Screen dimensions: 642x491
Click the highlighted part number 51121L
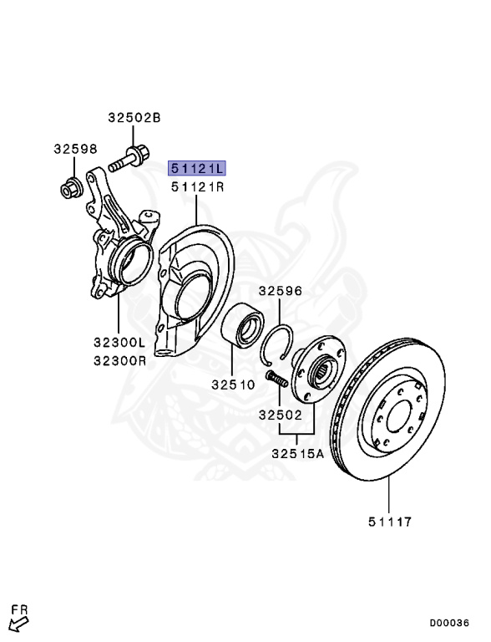[x=197, y=168]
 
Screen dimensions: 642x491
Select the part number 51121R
[x=197, y=187]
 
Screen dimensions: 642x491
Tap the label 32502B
[x=133, y=118]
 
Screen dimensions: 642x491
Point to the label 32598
[x=75, y=150]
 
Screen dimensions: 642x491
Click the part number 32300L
[x=120, y=343]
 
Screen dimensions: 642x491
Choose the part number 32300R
[x=120, y=361]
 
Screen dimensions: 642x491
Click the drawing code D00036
[x=449, y=623]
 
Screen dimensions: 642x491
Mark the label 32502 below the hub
[x=279, y=415]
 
